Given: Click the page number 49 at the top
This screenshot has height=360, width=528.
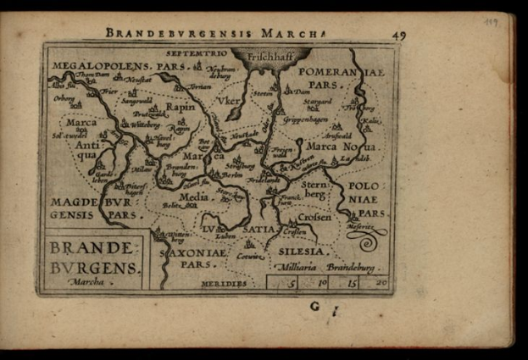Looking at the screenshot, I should tap(398, 35).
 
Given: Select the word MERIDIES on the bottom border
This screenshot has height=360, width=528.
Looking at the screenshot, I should tap(224, 283).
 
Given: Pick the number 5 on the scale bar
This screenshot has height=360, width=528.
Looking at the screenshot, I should tap(292, 282).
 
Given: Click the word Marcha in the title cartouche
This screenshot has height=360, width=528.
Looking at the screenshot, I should tap(87, 280).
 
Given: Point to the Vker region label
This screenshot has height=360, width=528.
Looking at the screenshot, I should tap(228, 100).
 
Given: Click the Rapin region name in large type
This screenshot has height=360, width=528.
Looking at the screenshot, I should tap(180, 108).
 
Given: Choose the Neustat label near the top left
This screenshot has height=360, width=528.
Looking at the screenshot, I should tap(139, 79).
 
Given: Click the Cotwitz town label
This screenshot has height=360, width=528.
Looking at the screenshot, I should tap(249, 255).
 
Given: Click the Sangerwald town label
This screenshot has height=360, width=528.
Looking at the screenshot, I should tap(139, 101).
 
